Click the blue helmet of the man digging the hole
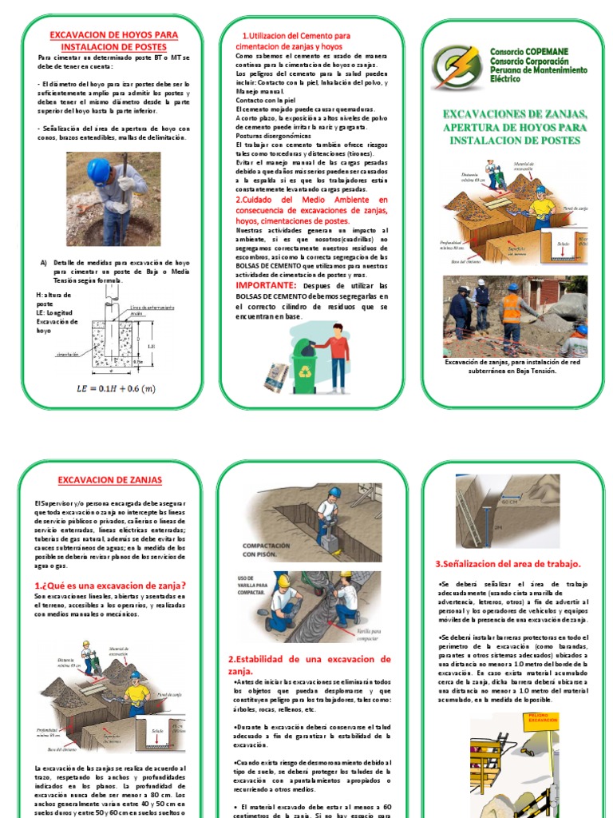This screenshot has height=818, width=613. coord(98,169)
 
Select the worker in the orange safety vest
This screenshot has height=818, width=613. coord(511,313)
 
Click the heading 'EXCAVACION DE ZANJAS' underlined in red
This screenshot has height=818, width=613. coord(110,480)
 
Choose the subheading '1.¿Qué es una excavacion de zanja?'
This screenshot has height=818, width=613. coord(110,585)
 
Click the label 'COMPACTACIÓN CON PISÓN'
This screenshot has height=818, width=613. coord(256,551)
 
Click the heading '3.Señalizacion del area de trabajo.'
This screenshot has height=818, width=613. coord(507,563)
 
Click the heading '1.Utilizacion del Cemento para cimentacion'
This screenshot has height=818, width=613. coord(295,41)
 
